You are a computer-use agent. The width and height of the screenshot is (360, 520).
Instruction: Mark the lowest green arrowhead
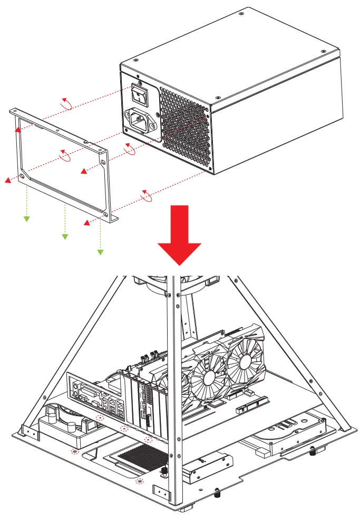(x=100, y=253)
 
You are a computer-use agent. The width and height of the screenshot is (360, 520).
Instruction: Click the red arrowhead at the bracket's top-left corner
(x=17, y=128)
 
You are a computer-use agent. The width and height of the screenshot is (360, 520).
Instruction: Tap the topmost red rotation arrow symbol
(x=67, y=103)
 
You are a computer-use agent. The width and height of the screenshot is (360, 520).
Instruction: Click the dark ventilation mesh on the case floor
(x=143, y=454)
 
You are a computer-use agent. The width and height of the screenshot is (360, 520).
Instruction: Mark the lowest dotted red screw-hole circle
(x=140, y=481)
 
